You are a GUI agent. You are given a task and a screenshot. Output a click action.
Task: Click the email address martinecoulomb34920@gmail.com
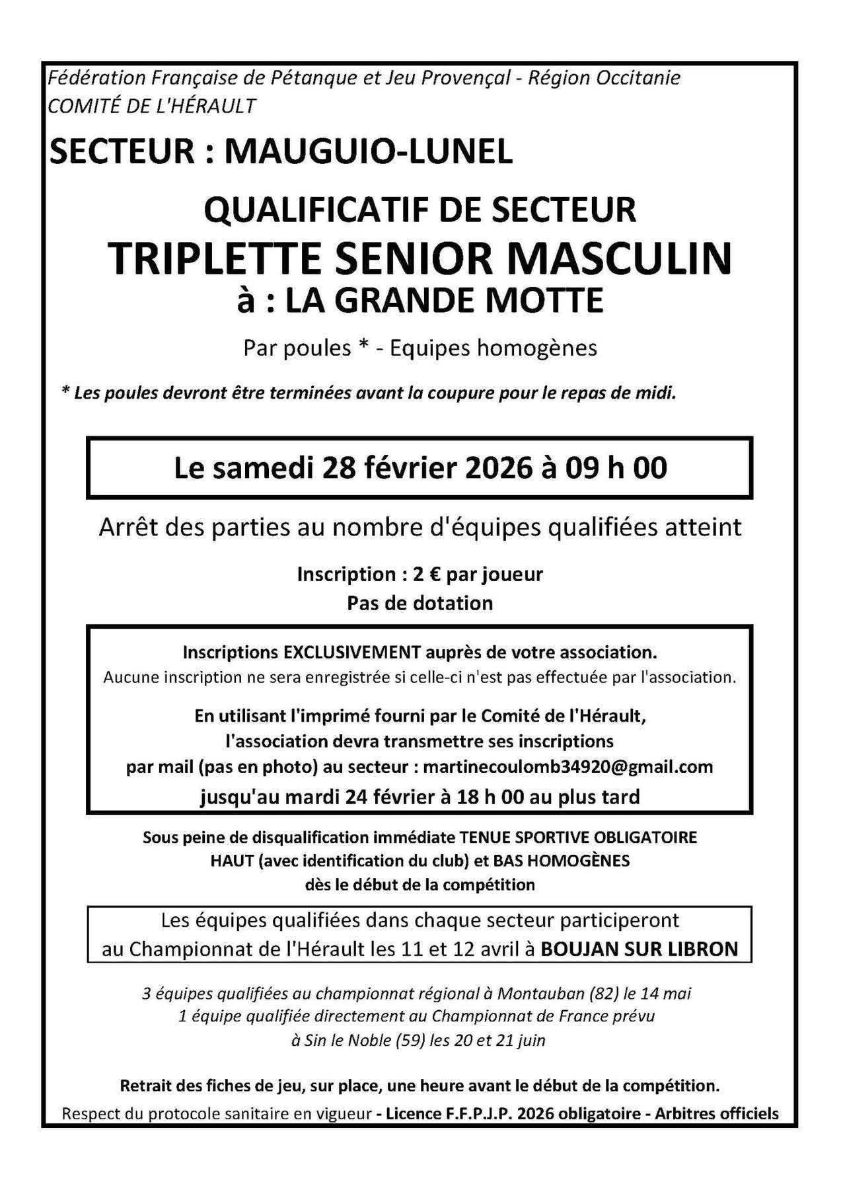(x=567, y=767)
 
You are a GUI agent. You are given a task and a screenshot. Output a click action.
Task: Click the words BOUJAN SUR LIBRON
(x=639, y=949)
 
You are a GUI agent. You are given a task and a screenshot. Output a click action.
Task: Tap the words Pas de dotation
(x=420, y=603)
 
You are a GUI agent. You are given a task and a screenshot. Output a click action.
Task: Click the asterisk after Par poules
(x=362, y=348)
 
